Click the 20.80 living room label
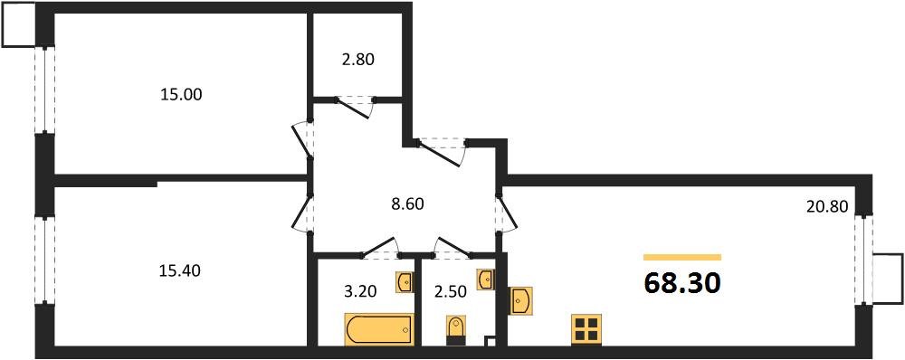(x=826, y=206)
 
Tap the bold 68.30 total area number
(x=682, y=283)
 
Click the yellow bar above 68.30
(x=682, y=258)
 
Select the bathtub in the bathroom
(x=378, y=329)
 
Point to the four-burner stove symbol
(x=586, y=329)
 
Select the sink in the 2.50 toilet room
(x=486, y=279)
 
